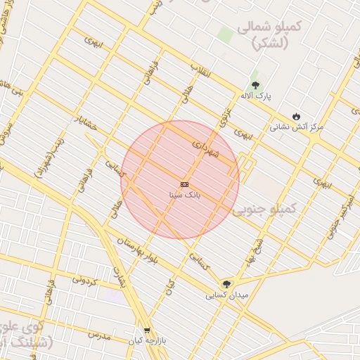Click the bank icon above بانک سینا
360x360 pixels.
click(x=184, y=184)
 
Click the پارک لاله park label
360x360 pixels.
click(x=256, y=95)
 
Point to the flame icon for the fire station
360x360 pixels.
click(x=297, y=116)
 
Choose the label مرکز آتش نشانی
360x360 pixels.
click(x=297, y=127)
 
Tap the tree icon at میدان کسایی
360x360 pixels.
click(x=226, y=283)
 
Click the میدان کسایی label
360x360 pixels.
click(x=227, y=295)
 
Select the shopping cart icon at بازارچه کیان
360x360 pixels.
click(x=146, y=330)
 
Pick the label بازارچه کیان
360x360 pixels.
click(x=146, y=341)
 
